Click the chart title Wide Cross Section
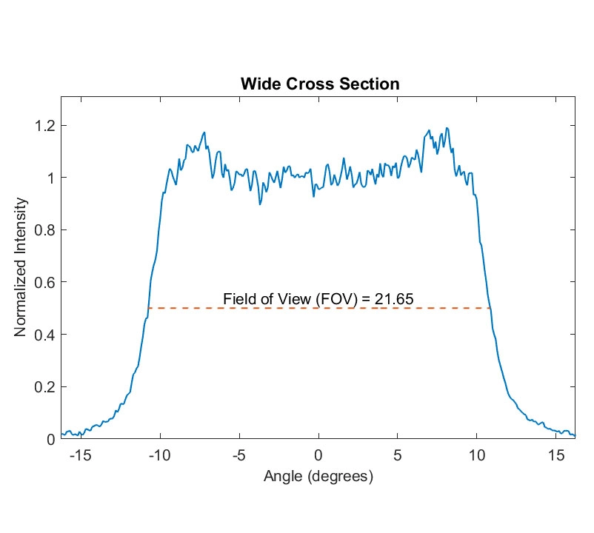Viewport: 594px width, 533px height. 320,84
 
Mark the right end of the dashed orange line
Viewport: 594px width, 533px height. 490,308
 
